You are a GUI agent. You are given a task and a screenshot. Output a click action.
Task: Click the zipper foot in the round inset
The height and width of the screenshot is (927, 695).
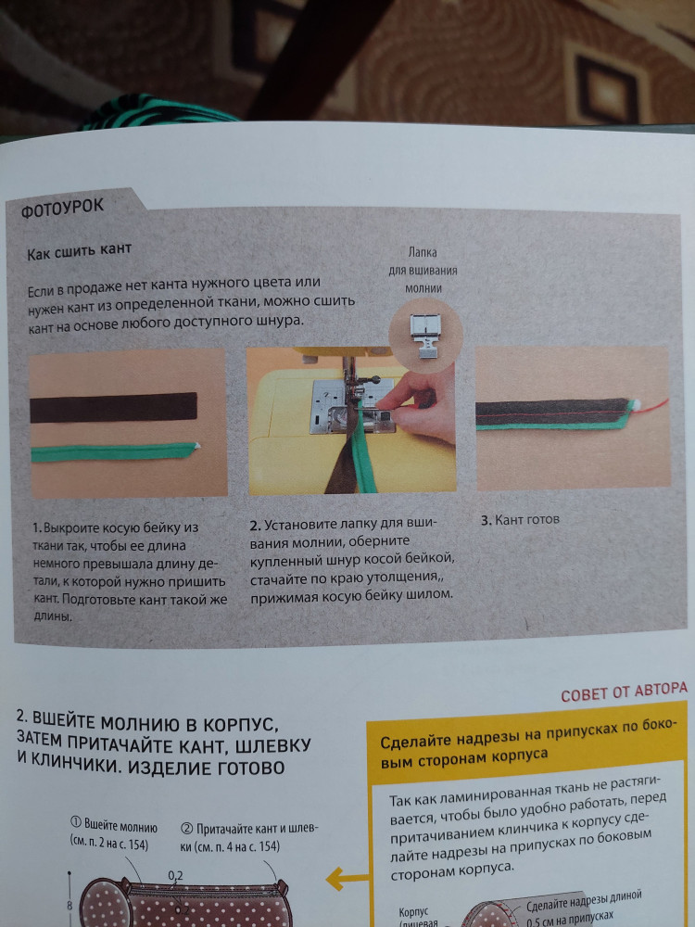pyautogui.click(x=424, y=336)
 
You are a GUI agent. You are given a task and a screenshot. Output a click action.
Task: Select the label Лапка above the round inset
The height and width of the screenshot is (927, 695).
pyautogui.click(x=422, y=253)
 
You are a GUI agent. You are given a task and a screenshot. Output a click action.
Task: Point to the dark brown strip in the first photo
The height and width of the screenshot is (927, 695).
pyautogui.click(x=113, y=407)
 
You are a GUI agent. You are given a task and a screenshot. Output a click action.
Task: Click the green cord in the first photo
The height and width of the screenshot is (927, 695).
pyautogui.click(x=113, y=453)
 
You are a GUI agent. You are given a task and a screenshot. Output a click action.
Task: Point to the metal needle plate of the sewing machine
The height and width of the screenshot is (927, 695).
pyautogui.click(x=351, y=406)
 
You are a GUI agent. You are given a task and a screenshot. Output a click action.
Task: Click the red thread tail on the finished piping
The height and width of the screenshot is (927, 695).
pyautogui.click(x=652, y=407)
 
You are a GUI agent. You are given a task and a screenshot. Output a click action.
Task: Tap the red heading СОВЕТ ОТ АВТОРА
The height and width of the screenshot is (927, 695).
pyautogui.click(x=624, y=692)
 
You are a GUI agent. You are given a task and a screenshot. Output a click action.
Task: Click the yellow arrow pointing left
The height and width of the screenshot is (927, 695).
pyautogui.click(x=347, y=879)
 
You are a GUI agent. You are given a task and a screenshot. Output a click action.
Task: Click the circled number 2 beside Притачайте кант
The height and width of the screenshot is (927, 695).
pyautogui.click(x=185, y=828)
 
